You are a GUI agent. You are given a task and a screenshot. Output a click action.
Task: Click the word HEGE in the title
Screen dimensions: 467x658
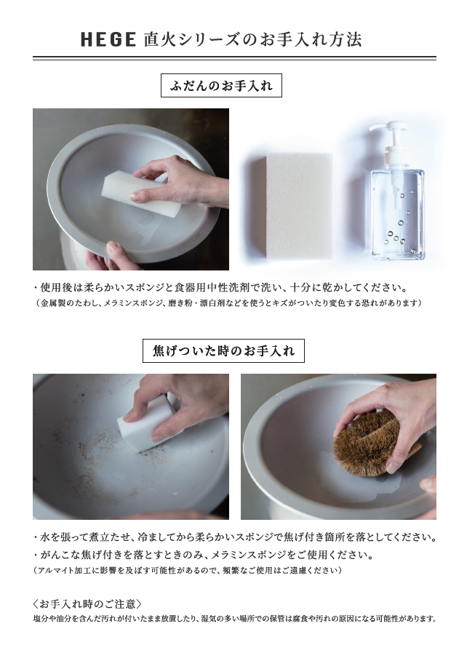108,40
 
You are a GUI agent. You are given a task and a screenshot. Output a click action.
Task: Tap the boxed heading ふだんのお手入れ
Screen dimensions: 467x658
221,86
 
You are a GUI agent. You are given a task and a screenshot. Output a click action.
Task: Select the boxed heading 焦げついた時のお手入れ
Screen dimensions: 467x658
223,351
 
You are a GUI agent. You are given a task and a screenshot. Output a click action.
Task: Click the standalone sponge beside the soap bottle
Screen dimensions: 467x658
300,206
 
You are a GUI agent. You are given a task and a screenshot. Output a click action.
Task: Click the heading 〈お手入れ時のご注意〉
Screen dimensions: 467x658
87,604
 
